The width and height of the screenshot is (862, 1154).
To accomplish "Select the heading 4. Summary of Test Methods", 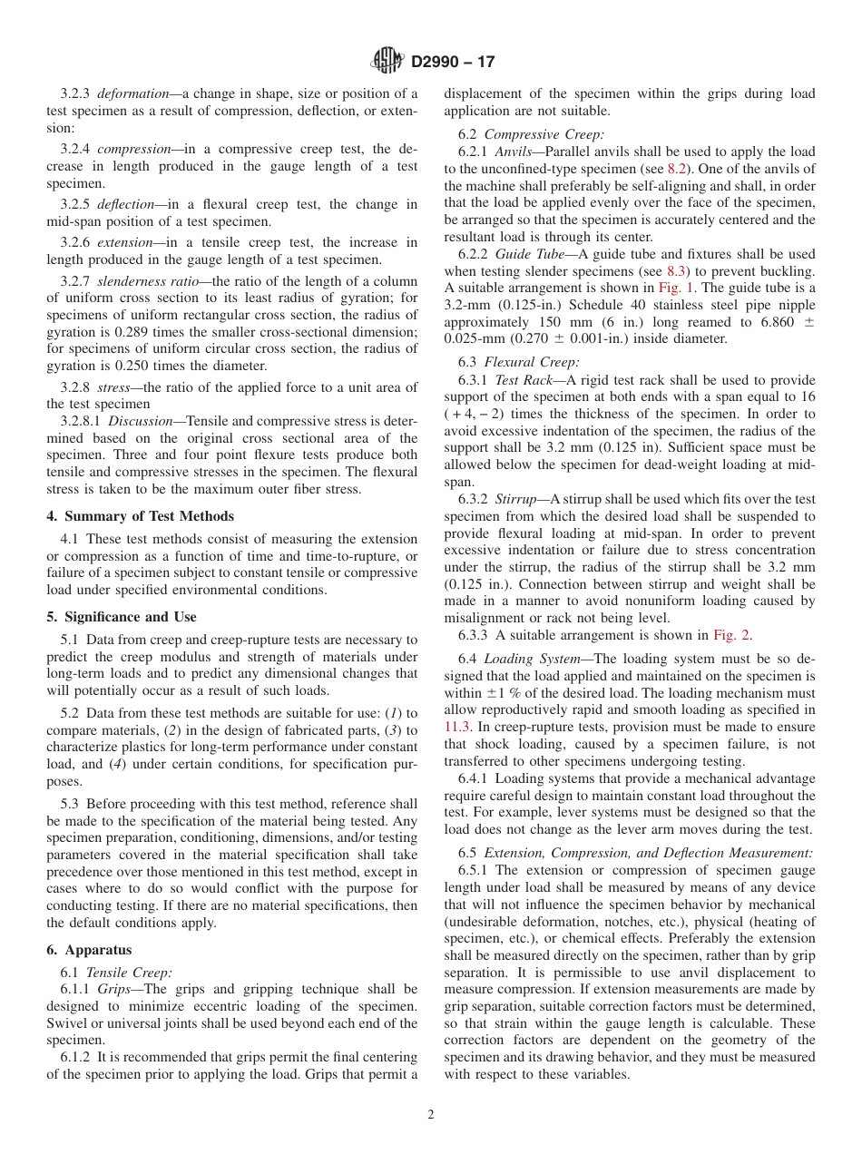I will pyautogui.click(x=140, y=516).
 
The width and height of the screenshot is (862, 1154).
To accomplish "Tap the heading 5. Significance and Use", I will pyautogui.click(x=121, y=617).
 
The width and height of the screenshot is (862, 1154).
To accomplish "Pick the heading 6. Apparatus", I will pyautogui.click(x=89, y=950).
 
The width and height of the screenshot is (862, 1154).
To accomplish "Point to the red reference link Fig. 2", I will pyautogui.click(x=732, y=635).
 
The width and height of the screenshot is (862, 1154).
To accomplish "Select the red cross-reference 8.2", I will pyautogui.click(x=677, y=169).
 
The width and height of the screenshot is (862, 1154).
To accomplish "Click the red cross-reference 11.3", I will pyautogui.click(x=456, y=727).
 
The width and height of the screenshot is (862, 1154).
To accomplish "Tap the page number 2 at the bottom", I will pyautogui.click(x=431, y=1115).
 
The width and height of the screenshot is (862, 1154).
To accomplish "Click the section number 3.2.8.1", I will pyautogui.click(x=81, y=421).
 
